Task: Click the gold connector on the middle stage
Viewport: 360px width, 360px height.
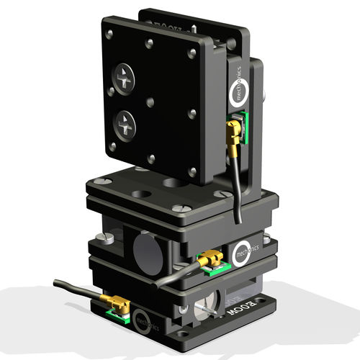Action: (210, 258)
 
